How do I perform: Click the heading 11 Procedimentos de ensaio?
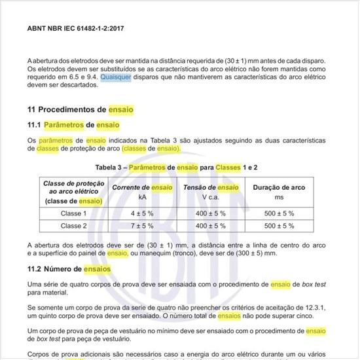80,109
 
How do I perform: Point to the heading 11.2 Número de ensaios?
69,268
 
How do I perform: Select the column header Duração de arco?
279,187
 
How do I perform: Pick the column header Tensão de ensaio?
210,187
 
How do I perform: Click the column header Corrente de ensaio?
142,187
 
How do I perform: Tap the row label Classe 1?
73,213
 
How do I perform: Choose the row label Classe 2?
73,225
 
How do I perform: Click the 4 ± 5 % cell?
142,213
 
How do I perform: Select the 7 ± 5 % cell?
142,225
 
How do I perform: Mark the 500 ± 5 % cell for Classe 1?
279,213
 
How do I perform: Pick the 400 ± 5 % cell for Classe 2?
210,225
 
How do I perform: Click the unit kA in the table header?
142,196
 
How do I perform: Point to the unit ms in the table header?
279,196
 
